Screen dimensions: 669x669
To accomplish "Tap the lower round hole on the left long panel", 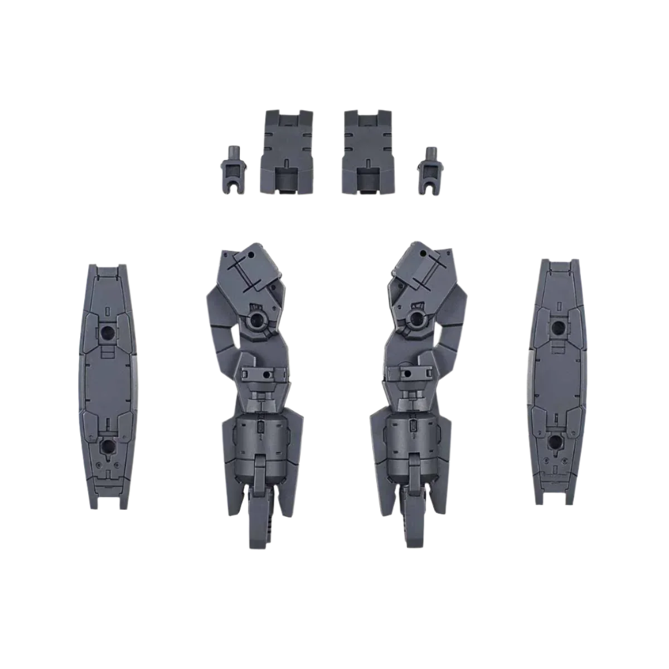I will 106,446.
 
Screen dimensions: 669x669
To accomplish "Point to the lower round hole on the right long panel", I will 555,443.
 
